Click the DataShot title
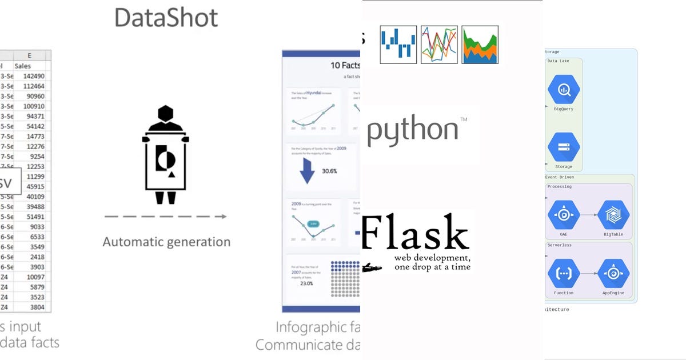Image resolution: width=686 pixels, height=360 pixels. [166, 18]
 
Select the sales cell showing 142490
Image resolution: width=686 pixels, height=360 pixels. [34, 76]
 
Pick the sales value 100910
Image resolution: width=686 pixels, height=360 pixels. [34, 106]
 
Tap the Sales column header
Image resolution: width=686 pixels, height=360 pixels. [23, 66]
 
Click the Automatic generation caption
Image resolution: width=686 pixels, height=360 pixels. [166, 242]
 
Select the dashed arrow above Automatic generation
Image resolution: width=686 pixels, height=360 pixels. [165, 217]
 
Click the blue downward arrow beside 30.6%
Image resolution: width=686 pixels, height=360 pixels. [307, 170]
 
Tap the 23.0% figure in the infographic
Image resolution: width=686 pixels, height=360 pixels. [307, 283]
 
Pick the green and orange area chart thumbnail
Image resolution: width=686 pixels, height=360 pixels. [480, 44]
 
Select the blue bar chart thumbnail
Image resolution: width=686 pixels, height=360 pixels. [398, 44]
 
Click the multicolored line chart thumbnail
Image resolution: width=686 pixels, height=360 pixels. [439, 44]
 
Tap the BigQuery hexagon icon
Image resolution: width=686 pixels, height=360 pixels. [564, 90]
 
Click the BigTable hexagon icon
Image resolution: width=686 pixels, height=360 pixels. [613, 215]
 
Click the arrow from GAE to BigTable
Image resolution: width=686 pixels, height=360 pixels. [589, 215]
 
